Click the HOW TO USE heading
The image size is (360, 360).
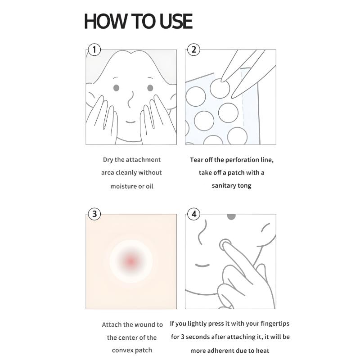(138, 21)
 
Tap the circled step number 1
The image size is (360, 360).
(94, 49)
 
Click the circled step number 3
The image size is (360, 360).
(94, 214)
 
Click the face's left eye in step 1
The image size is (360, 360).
(116, 88)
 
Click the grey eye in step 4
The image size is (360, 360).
(231, 217)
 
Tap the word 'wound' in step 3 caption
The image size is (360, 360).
(144, 324)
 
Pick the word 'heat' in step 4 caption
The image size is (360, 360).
(262, 350)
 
